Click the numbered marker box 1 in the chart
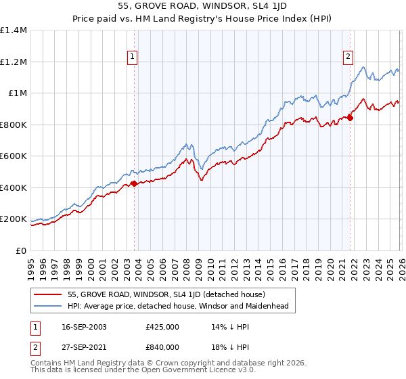coord(132,57)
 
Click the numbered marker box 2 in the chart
coord(348,57)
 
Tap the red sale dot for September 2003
coord(135,183)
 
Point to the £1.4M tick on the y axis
coord(14,30)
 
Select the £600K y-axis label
coord(14,156)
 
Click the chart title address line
coord(203,7)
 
